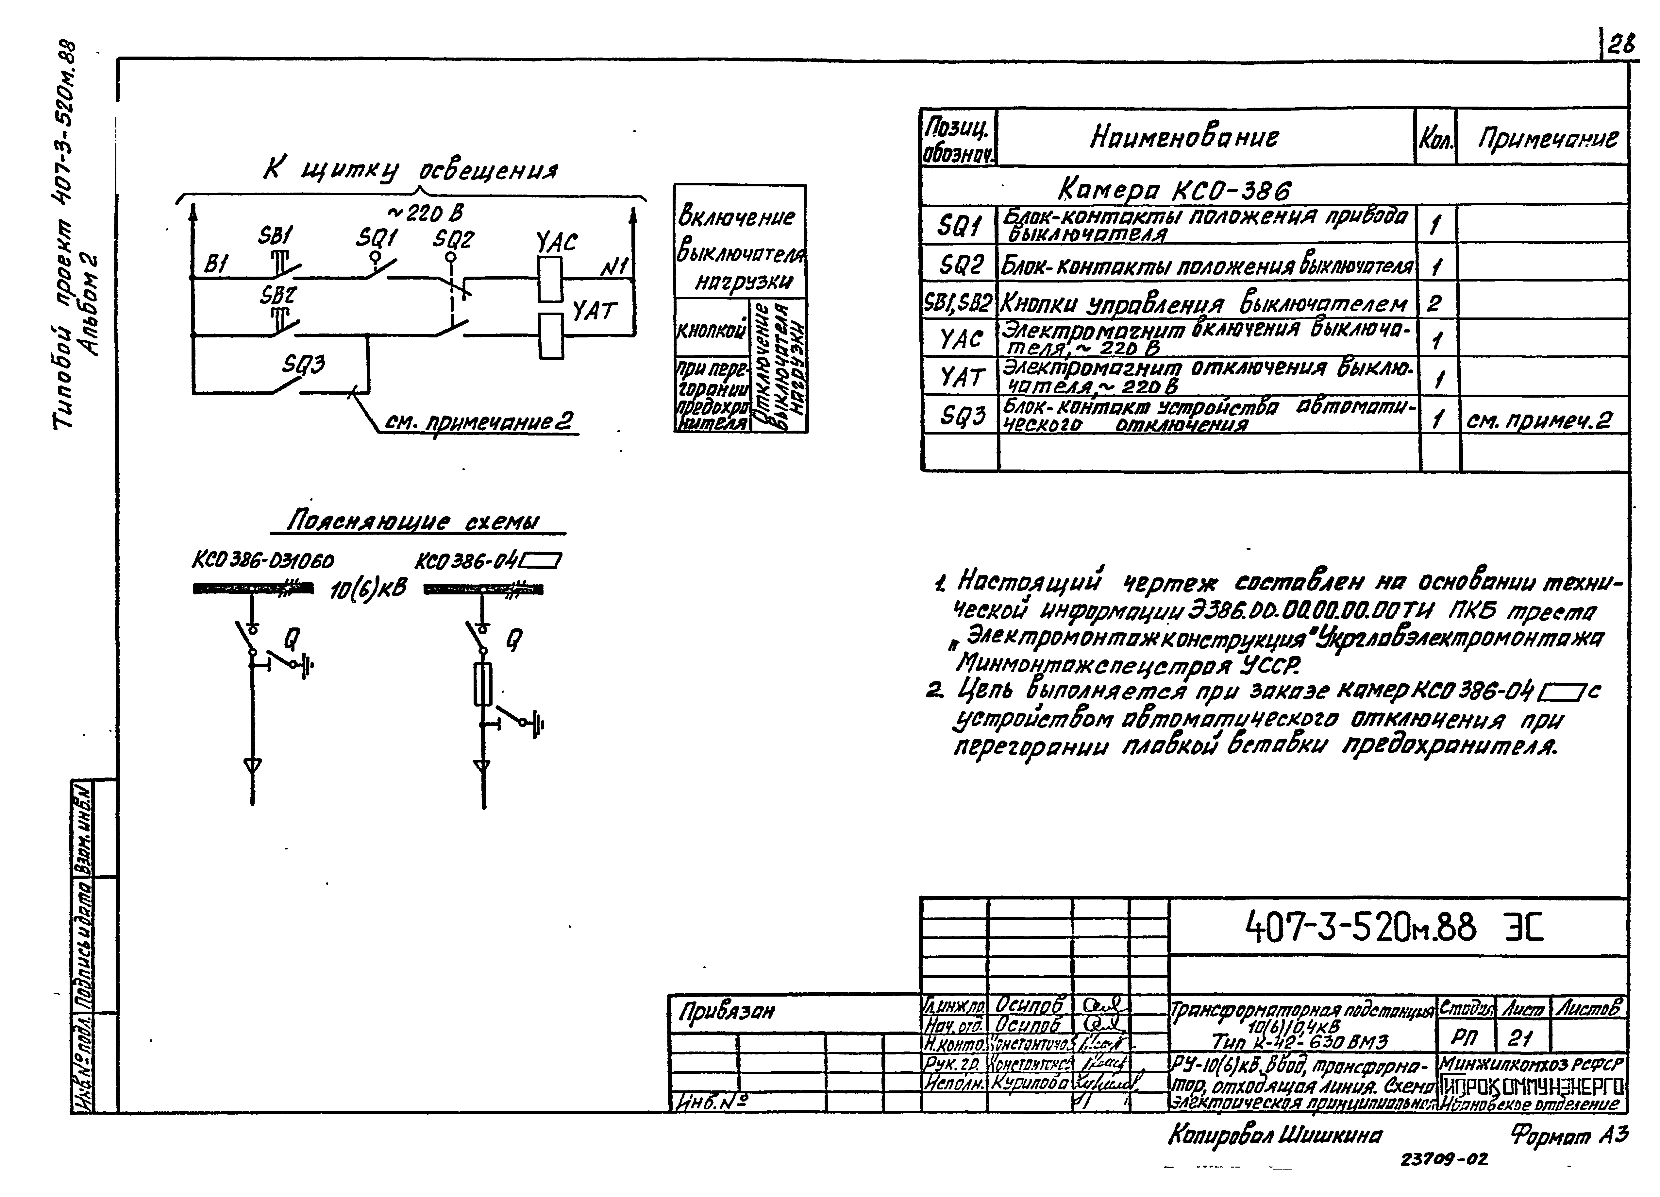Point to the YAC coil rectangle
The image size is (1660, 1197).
click(x=550, y=279)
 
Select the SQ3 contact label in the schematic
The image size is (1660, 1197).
click(x=304, y=364)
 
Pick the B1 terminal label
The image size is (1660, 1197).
click(x=216, y=264)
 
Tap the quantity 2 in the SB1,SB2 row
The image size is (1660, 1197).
click(x=1434, y=302)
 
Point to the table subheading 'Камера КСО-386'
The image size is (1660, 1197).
click(x=1174, y=190)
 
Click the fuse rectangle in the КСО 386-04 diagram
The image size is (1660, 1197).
click(x=482, y=684)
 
